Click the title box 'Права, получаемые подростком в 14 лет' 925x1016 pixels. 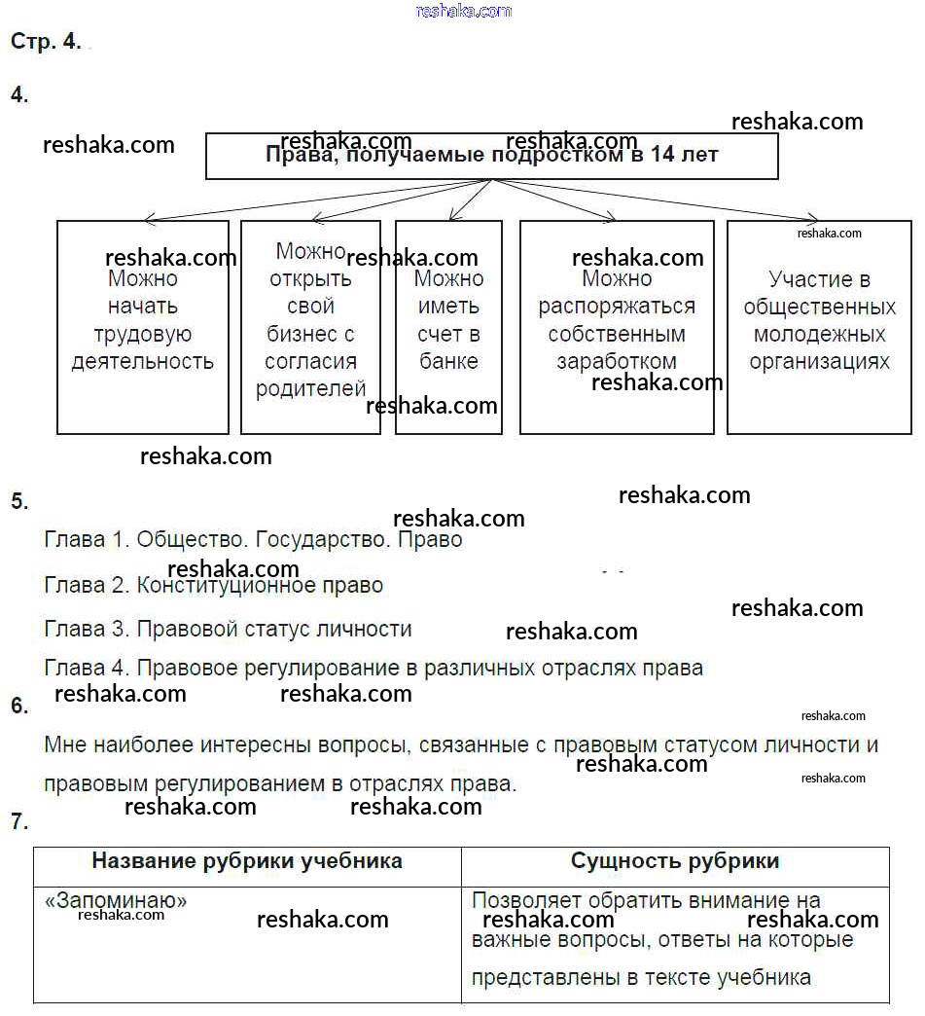[491, 156]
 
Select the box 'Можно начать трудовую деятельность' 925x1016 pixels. [143, 326]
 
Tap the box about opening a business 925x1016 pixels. [310, 326]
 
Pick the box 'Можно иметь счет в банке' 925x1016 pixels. [448, 326]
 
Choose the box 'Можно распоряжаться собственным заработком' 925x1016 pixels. [617, 326]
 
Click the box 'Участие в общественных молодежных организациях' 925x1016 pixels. [819, 326]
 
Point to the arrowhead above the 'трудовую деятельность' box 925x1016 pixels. [149, 220]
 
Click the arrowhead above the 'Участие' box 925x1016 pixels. [813, 220]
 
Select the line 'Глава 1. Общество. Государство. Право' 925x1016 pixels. [253, 539]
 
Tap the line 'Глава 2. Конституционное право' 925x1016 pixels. [214, 585]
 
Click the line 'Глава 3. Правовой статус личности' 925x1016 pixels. [228, 629]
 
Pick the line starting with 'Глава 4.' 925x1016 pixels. [374, 669]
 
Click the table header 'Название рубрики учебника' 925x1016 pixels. [247, 861]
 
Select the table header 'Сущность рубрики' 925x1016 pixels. [675, 861]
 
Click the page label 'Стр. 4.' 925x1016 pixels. [46, 42]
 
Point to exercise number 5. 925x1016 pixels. [19, 501]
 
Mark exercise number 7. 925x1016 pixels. [19, 821]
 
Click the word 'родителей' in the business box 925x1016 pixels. [310, 389]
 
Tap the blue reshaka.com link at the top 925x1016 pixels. [463, 11]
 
